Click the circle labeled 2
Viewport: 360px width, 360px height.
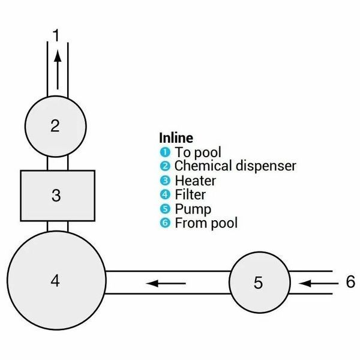56,126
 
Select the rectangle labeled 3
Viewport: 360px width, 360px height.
58,196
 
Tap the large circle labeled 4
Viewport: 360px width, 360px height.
56,280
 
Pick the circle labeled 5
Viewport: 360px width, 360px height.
260,282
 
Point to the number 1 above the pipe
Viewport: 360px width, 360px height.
56,35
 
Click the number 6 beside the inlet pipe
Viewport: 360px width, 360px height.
350,281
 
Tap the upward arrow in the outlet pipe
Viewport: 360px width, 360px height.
58,70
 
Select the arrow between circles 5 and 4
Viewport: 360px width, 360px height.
166,283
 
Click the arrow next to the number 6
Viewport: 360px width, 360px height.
319,284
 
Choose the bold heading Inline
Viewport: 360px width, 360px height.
176,138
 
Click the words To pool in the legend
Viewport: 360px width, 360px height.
198,152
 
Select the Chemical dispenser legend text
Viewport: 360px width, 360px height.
235,166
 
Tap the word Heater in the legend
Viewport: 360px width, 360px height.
196,181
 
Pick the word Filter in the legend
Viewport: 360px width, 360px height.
190,194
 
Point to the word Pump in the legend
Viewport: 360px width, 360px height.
193,209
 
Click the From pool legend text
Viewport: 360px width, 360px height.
206,223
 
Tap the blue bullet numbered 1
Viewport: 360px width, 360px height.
165,152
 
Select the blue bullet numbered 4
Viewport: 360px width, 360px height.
165,195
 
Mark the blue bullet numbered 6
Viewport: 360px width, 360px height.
165,223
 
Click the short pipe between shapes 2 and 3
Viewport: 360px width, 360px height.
58,163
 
